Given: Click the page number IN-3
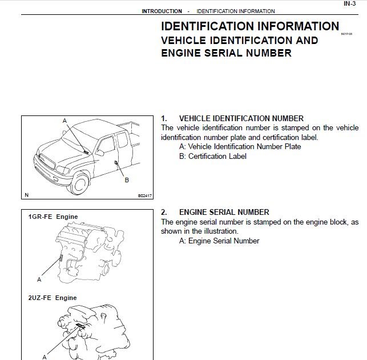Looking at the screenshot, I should pos(350,3).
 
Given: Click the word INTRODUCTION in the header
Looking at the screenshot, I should pos(162,11).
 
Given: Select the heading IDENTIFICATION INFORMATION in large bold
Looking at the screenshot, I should pos(250,26).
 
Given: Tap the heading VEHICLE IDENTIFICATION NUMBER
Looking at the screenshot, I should pos(241,118).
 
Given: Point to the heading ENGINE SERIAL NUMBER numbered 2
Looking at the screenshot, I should pos(224,212).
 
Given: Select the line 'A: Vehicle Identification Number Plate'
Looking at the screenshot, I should pos(240,146).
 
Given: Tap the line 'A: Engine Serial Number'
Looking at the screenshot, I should pos(219,241).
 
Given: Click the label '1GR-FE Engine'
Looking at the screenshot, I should pos(53,217).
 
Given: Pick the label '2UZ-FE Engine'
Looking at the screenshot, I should pos(53,298).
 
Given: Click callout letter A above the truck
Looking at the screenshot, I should pos(64,121).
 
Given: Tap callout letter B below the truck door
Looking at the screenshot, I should pos(127,180).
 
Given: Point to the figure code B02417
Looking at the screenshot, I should pos(146,195).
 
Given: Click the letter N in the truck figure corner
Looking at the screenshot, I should pos(26,195).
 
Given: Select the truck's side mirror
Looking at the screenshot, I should pos(100,153).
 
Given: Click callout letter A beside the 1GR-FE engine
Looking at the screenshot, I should pos(39,279).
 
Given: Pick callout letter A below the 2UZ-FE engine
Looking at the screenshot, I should pos(44,357).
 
